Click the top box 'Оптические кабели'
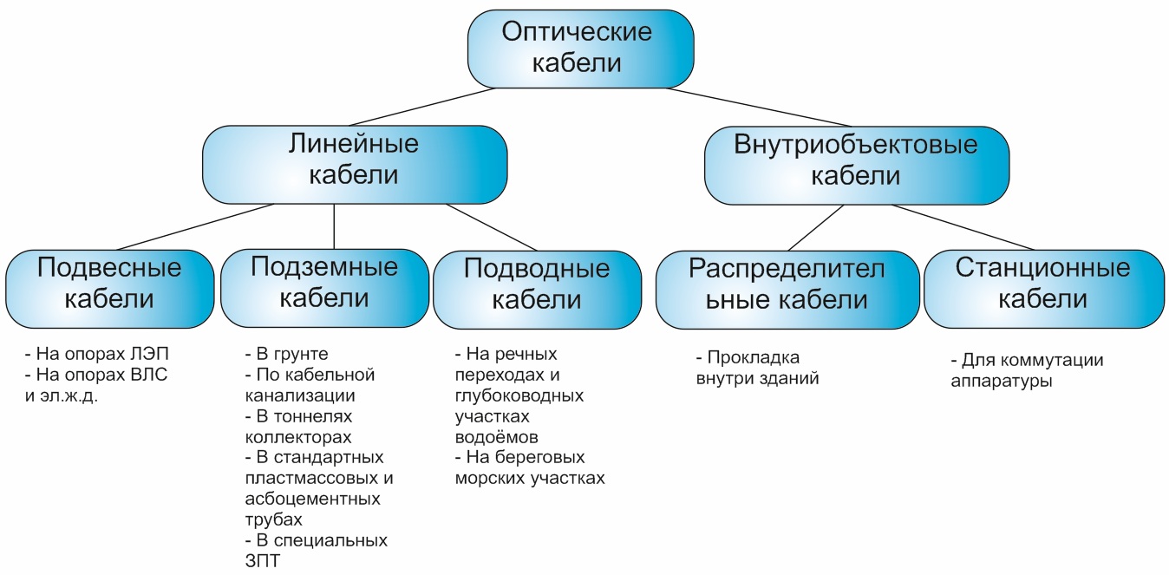point(580,49)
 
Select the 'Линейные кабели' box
point(355,165)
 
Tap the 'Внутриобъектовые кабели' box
point(857,165)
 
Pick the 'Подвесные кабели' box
point(109,289)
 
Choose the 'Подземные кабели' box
point(324,288)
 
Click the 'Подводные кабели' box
point(537,290)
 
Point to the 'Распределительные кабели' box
point(787,290)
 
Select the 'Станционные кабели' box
point(1044,289)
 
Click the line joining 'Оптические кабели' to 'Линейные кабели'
point(421,107)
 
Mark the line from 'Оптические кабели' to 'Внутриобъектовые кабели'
point(758,107)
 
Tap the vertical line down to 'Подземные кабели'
point(334,226)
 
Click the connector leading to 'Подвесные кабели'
point(195,227)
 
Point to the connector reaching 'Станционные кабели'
point(963,227)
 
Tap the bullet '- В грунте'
point(286,355)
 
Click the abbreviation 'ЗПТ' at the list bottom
point(263,561)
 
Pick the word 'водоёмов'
point(496,437)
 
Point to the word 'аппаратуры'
point(1001,382)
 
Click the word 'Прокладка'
point(753,358)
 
